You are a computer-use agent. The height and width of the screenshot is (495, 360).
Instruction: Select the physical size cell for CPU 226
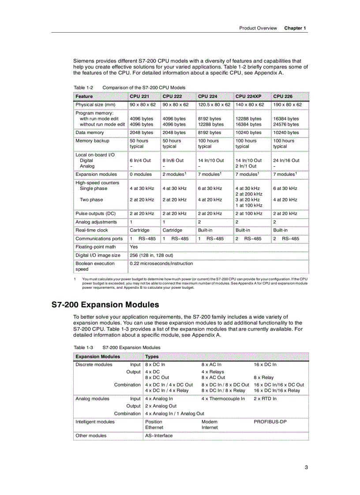[287, 105]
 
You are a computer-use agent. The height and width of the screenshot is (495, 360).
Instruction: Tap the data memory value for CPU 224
[209, 133]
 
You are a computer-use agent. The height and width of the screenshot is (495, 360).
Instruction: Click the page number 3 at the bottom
[306, 468]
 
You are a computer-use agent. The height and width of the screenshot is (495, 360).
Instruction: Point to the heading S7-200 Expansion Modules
[105, 305]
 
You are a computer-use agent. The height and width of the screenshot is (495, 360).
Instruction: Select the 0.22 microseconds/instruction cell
[161, 264]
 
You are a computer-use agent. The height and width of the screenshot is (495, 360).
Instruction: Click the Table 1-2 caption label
[83, 87]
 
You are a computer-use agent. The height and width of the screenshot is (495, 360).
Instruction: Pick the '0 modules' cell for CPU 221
[140, 175]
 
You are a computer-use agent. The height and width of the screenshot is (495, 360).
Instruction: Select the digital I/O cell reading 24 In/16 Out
[286, 160]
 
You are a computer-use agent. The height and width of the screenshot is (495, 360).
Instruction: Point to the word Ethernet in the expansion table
[154, 427]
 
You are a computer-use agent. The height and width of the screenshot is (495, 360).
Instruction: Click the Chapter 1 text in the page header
[295, 28]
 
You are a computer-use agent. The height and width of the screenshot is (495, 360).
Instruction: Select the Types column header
[152, 356]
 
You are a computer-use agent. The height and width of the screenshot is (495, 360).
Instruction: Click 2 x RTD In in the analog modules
[265, 398]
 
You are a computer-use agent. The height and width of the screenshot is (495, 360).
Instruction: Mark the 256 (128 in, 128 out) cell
[151, 255]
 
